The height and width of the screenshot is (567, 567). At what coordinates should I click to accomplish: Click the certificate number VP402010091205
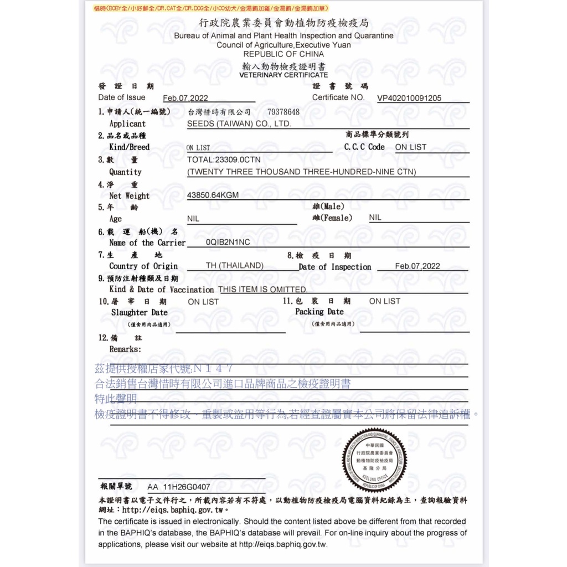click(x=409, y=99)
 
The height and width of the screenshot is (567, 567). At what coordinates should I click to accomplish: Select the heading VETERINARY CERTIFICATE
click(x=283, y=75)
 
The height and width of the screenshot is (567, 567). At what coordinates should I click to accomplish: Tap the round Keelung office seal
click(x=374, y=460)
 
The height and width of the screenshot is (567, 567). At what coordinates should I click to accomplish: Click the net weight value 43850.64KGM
click(x=213, y=195)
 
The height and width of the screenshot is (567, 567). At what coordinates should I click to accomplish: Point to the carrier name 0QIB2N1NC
click(x=228, y=243)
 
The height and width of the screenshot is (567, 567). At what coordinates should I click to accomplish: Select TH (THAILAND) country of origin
click(x=235, y=266)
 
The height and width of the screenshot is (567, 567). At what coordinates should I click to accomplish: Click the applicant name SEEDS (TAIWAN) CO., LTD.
click(x=239, y=124)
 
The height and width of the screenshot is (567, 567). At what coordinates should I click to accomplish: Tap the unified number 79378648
click(x=283, y=112)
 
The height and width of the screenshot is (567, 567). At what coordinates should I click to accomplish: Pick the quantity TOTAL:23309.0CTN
click(x=224, y=159)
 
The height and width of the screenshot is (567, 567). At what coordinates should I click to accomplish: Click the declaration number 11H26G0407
click(x=187, y=487)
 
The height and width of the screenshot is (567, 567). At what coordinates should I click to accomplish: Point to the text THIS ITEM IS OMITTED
click(x=262, y=290)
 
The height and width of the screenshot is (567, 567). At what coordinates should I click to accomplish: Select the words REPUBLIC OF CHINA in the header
click(x=283, y=54)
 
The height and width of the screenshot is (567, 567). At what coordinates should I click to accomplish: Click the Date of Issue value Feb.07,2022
click(x=185, y=99)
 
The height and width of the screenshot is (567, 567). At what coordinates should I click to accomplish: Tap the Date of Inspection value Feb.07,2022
click(x=417, y=266)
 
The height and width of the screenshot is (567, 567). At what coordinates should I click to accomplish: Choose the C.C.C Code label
click(x=364, y=147)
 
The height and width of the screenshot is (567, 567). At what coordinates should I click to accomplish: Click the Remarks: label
click(x=125, y=349)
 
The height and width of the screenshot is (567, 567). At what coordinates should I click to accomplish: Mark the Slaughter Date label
click(x=139, y=313)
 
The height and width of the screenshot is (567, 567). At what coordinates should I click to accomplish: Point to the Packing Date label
click(x=319, y=312)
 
